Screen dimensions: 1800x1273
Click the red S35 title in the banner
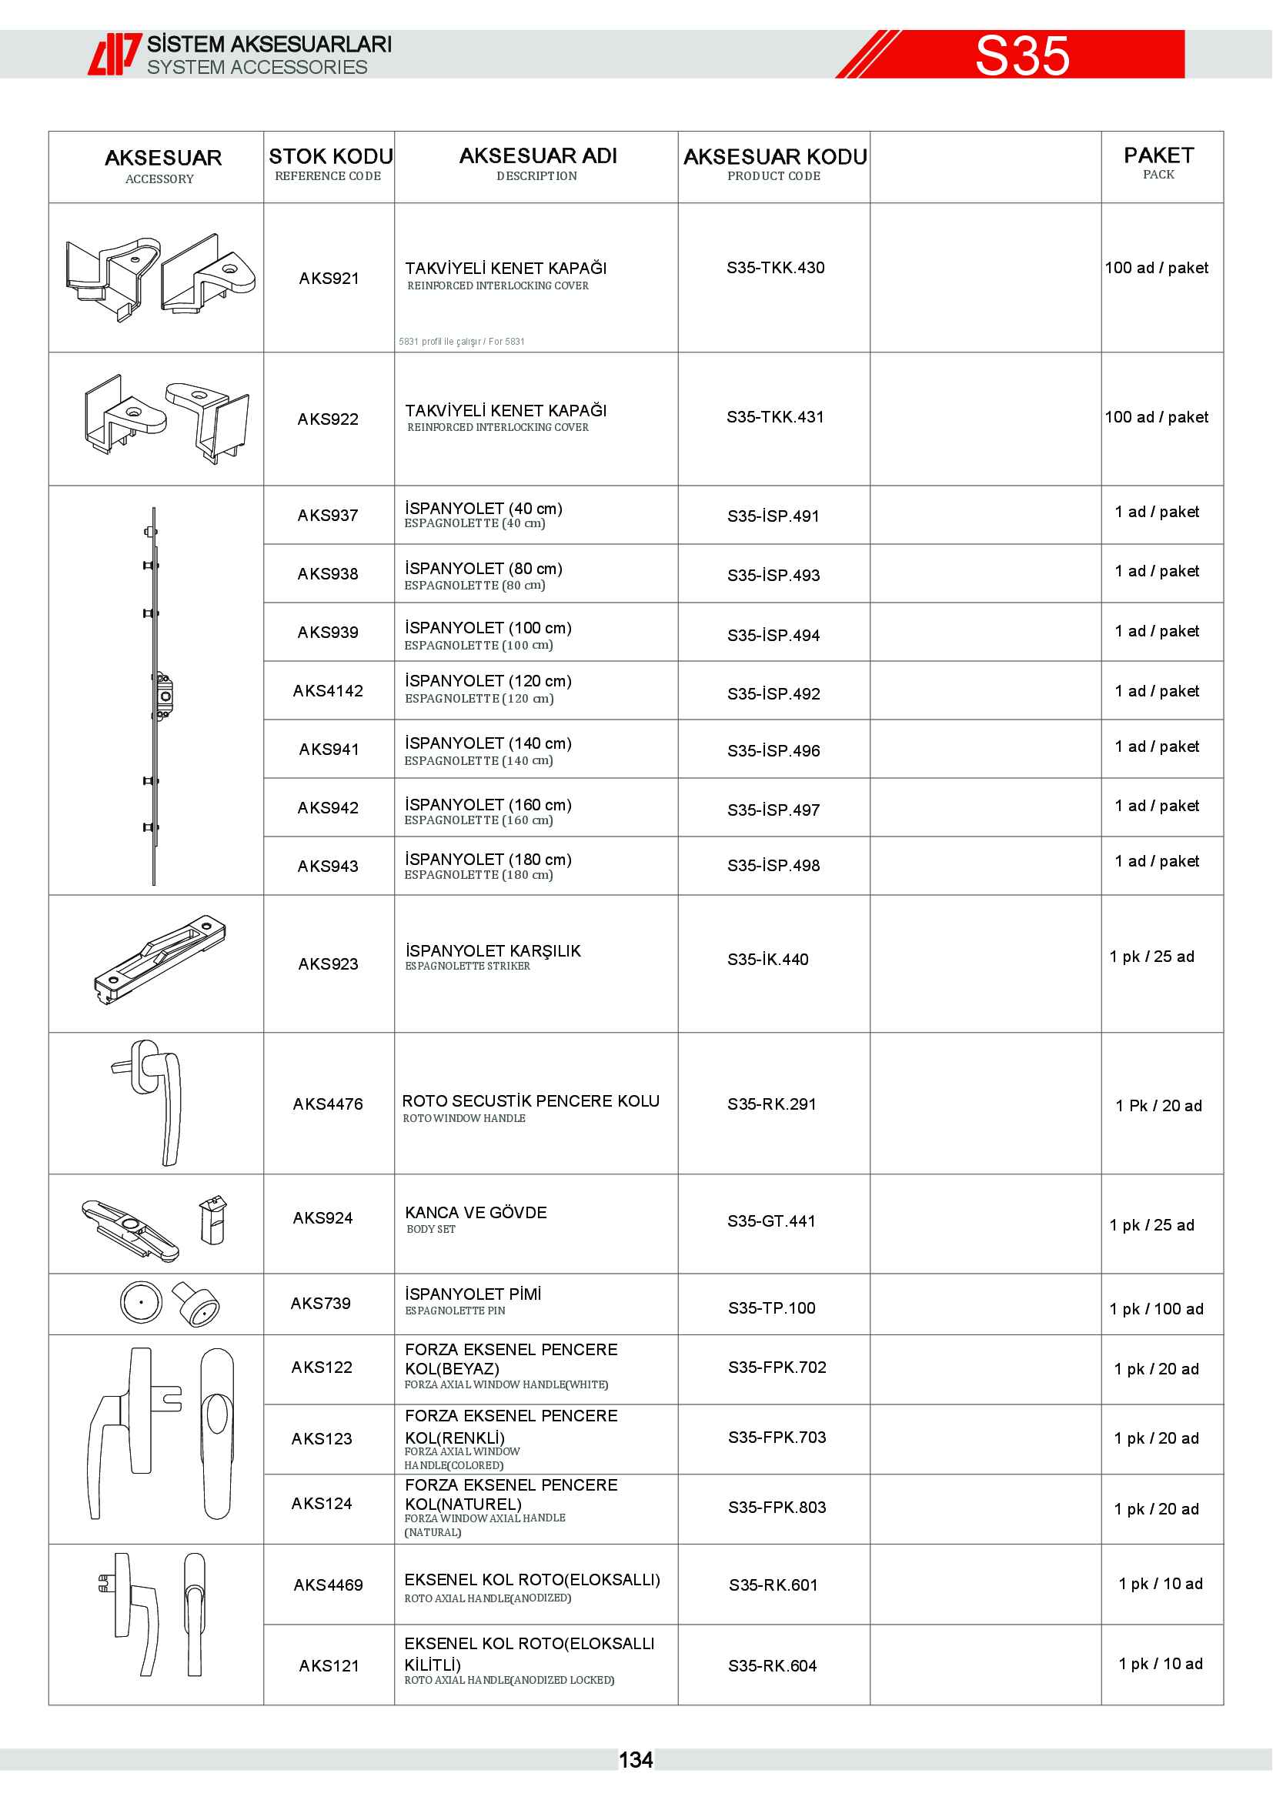pos(1022,55)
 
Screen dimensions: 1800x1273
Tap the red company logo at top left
pos(115,54)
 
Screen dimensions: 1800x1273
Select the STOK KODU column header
pos(330,158)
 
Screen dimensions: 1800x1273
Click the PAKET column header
pos(1158,156)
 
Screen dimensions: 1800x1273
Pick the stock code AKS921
pos(329,279)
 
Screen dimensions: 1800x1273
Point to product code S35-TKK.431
pos(774,417)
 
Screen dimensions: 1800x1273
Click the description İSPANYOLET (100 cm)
pos(487,628)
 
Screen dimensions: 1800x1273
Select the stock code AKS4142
pos(328,690)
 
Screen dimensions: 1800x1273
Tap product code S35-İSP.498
pos(773,866)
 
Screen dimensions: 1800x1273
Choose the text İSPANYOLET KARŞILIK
pos(493,951)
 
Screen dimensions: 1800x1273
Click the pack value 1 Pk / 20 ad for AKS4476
pos(1158,1105)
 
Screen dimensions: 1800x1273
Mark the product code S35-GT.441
pos(770,1221)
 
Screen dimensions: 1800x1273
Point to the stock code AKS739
pos(320,1303)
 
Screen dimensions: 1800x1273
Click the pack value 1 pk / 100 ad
pos(1155,1308)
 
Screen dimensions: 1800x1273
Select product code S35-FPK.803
pos(776,1507)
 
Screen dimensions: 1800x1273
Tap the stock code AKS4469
pos(328,1585)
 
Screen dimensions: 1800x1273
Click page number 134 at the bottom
pos(635,1760)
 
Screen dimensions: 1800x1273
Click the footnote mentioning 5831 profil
pos(461,342)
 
